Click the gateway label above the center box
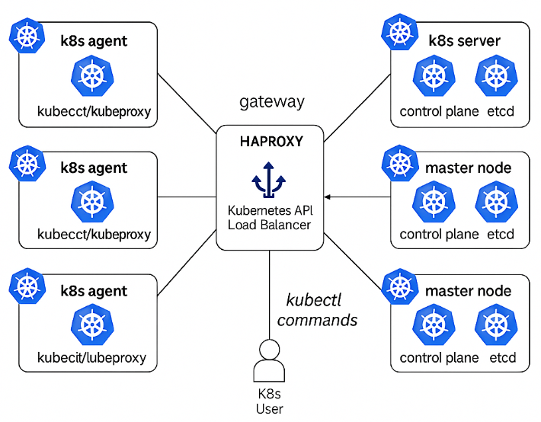point(271,101)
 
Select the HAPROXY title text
point(271,142)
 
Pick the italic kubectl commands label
point(317,310)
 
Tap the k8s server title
point(464,40)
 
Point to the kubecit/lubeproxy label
point(91,357)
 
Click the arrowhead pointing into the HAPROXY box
point(328,197)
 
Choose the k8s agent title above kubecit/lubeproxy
point(94,291)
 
